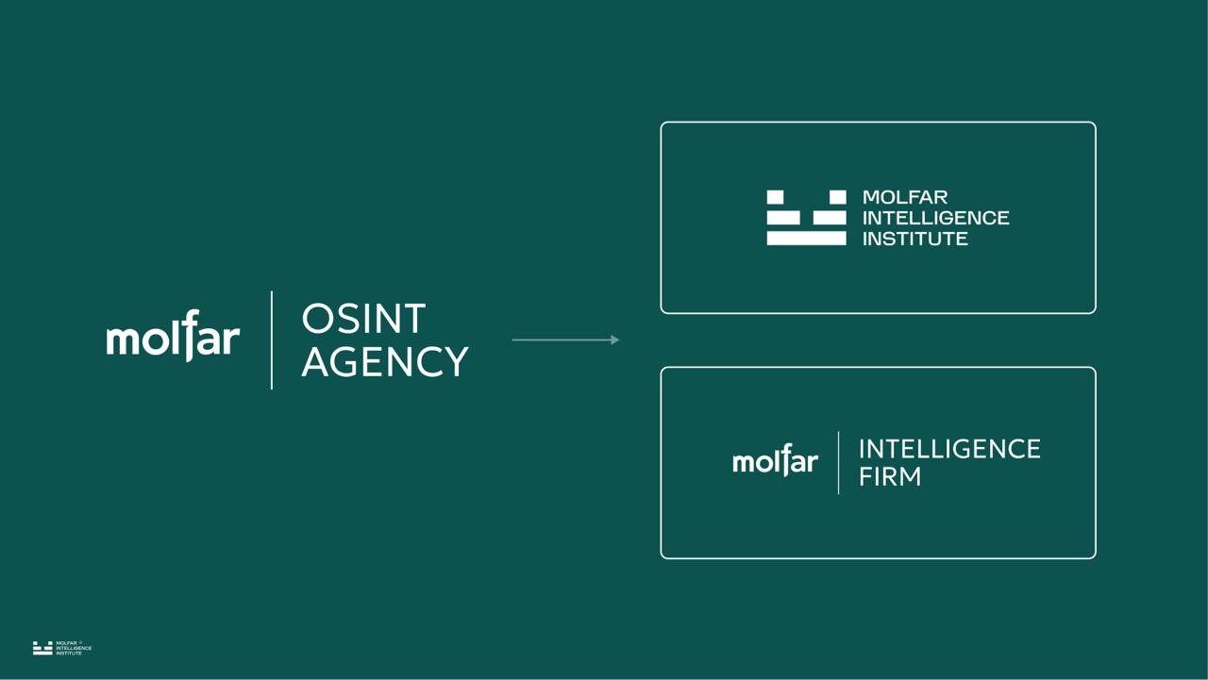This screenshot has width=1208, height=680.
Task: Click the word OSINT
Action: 363,320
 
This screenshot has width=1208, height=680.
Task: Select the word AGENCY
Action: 384,362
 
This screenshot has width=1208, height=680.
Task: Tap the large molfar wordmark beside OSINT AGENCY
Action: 173,338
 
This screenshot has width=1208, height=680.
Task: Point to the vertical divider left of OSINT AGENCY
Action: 272,340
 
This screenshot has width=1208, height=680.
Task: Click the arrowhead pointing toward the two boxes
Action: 615,340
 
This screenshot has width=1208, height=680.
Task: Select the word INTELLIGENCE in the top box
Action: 935,218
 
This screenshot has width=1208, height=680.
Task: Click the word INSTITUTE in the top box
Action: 914,239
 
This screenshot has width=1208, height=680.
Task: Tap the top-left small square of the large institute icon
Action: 775,197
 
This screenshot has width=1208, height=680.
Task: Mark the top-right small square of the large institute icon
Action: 837,197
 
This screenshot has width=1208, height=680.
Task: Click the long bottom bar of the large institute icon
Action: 806,239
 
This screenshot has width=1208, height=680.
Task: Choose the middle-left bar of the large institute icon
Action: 782,218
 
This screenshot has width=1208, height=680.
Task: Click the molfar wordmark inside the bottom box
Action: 775,462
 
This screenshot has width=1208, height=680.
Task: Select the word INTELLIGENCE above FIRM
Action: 948,449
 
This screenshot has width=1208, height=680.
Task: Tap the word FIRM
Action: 889,476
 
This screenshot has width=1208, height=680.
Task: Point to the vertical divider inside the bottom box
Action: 838,462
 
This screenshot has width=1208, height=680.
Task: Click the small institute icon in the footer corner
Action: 42,648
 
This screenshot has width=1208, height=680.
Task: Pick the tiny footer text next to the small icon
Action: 74,648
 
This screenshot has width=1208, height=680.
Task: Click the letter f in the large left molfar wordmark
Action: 189,335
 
